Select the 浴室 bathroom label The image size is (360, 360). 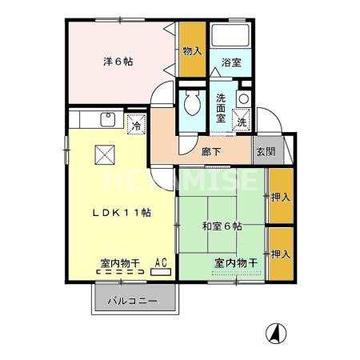(x=232, y=62)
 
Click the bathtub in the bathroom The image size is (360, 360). (x=232, y=36)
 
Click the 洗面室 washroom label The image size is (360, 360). (x=222, y=107)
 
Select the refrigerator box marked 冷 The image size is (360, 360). (x=136, y=126)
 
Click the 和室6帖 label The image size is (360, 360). (x=222, y=226)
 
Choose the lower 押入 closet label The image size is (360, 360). (x=279, y=254)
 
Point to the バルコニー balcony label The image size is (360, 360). (x=136, y=302)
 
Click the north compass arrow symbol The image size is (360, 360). (x=274, y=333)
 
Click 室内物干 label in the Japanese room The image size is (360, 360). (x=235, y=263)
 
